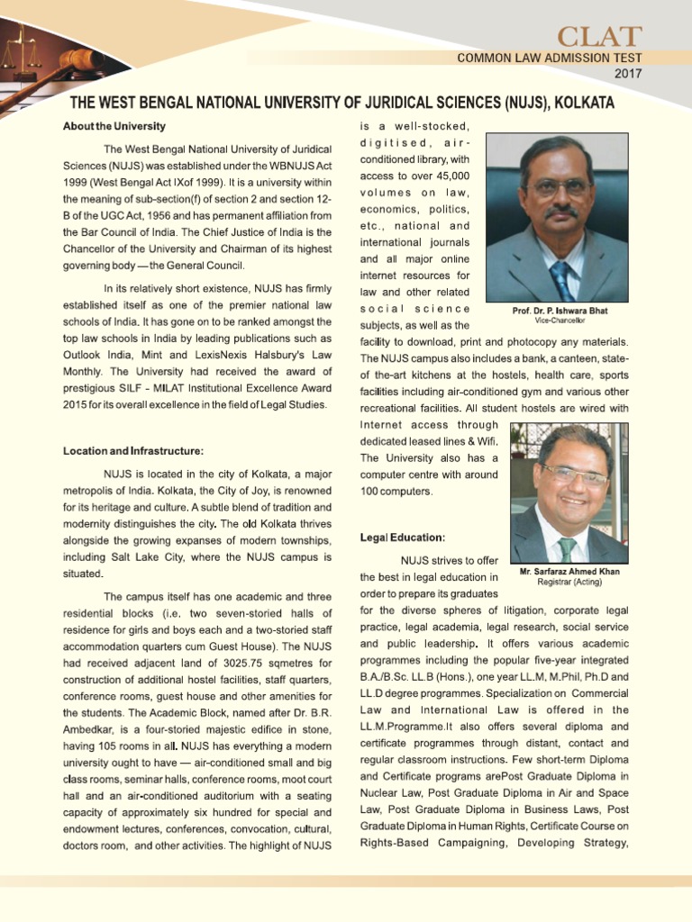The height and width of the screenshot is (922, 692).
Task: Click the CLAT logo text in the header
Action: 598,36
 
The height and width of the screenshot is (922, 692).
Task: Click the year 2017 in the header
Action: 627,73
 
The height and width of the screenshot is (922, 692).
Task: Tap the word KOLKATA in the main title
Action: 585,103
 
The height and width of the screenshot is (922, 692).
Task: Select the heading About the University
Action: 114,125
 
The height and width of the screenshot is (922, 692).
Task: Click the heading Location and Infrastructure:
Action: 132,450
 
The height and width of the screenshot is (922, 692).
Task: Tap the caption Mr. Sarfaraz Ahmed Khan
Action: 569,571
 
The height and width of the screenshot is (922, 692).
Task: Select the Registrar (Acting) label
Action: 569,582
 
